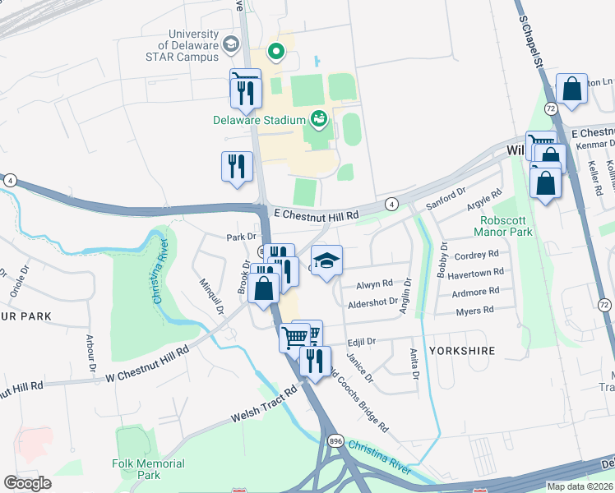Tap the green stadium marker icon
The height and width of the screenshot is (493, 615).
point(319,121)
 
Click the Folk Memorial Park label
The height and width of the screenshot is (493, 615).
point(148,469)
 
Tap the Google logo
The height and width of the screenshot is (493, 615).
point(27,483)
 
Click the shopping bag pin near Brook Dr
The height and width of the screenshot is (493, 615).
point(264,290)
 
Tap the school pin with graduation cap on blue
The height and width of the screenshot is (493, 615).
point(327,261)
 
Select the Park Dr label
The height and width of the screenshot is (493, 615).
point(220,237)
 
